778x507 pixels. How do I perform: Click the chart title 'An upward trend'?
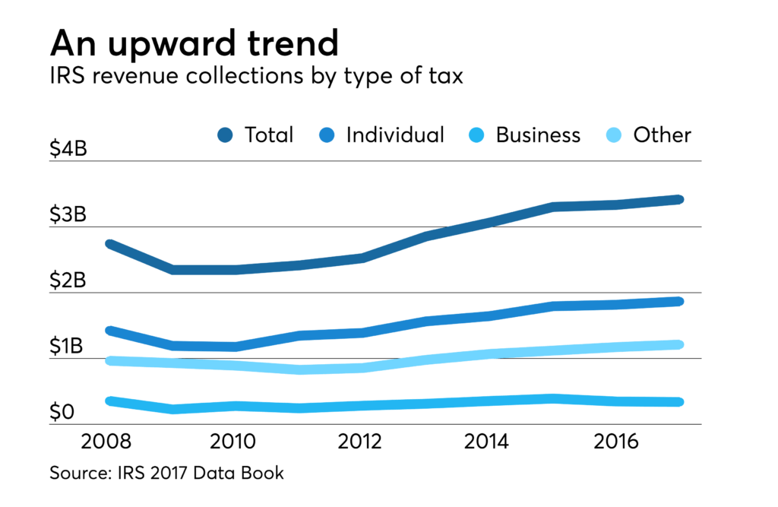194,44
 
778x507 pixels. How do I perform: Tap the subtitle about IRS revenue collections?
256,78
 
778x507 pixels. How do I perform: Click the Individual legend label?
394,135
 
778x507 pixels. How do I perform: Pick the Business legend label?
538,135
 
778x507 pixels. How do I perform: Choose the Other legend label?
662,135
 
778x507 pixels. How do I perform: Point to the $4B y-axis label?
68,149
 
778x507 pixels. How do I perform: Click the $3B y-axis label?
68,215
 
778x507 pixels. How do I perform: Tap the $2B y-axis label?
68,281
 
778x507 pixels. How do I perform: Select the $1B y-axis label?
68,347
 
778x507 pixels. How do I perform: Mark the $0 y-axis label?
62,413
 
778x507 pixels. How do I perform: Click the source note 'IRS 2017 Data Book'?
166,474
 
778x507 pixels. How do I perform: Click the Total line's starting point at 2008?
110,244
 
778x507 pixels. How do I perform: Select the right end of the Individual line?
678,302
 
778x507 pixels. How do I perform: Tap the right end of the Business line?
678,402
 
